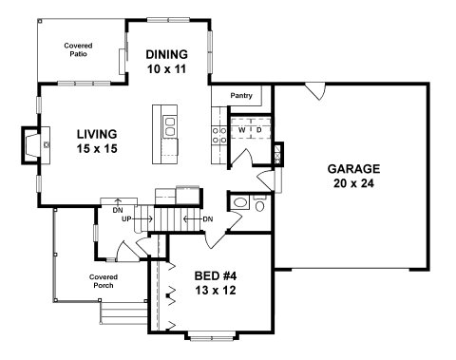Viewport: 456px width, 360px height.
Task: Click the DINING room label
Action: (x=166, y=54)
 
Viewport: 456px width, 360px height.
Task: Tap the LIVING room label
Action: (x=97, y=134)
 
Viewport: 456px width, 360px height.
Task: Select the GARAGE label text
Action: (x=353, y=169)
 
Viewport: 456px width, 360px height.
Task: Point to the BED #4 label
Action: (x=216, y=276)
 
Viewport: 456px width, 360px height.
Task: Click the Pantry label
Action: (x=241, y=95)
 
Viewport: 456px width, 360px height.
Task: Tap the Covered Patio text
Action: (x=78, y=49)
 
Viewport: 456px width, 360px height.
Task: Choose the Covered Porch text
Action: (x=104, y=281)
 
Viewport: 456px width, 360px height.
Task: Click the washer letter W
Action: (x=241, y=130)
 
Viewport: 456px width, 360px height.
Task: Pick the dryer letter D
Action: (x=258, y=130)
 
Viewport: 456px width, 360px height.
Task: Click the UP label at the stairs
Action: (x=126, y=218)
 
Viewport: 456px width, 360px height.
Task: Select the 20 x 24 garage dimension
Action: (x=353, y=183)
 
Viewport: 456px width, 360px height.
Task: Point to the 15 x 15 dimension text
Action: (x=97, y=148)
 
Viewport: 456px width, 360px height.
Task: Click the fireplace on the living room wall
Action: (x=35, y=145)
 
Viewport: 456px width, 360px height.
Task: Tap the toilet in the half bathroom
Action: (x=259, y=204)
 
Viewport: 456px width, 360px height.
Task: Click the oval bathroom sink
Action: (x=240, y=202)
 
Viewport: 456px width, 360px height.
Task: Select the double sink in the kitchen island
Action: (x=170, y=126)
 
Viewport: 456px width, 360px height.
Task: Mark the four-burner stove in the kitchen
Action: (x=219, y=135)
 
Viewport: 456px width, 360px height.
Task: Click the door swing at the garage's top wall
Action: (x=315, y=91)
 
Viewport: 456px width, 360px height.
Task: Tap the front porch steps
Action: (x=123, y=313)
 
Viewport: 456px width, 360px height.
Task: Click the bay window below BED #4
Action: (x=211, y=335)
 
